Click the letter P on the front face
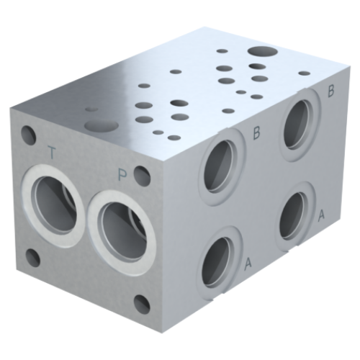(x=123, y=173)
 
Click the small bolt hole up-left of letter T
(x=29, y=134)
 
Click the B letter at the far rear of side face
(x=331, y=91)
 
